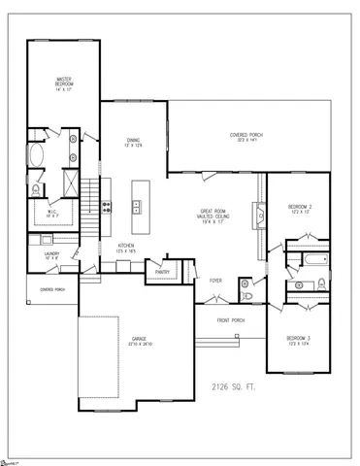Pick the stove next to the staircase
point(106,203)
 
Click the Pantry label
point(160,273)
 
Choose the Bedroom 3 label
point(297,340)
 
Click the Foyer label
point(216,281)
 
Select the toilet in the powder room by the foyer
point(246,295)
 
